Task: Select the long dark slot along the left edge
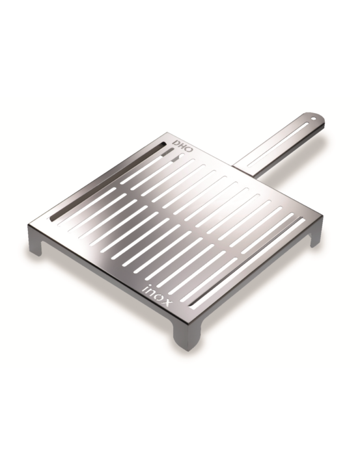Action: [x=104, y=179]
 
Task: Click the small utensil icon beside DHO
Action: [x=171, y=155]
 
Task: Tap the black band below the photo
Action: [x=180, y=416]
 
